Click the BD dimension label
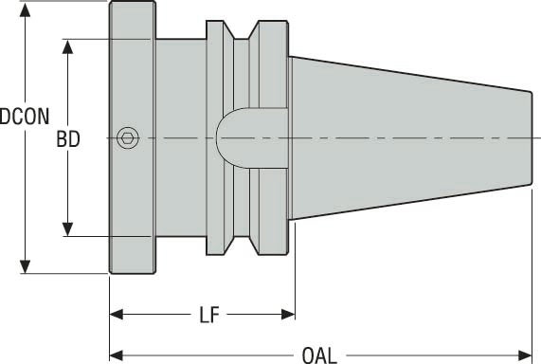click(x=67, y=139)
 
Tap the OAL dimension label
click(x=318, y=355)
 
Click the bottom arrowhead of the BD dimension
click(x=68, y=228)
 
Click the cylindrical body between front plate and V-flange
click(x=180, y=95)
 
